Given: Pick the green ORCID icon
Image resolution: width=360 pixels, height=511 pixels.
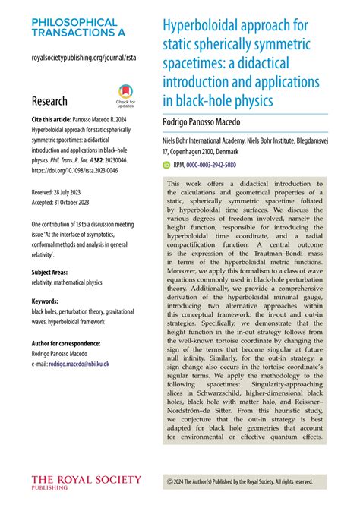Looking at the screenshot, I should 167,164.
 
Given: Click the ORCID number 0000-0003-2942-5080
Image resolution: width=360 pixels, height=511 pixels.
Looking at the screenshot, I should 216,164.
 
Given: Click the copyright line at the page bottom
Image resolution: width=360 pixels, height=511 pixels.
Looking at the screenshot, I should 239,481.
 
